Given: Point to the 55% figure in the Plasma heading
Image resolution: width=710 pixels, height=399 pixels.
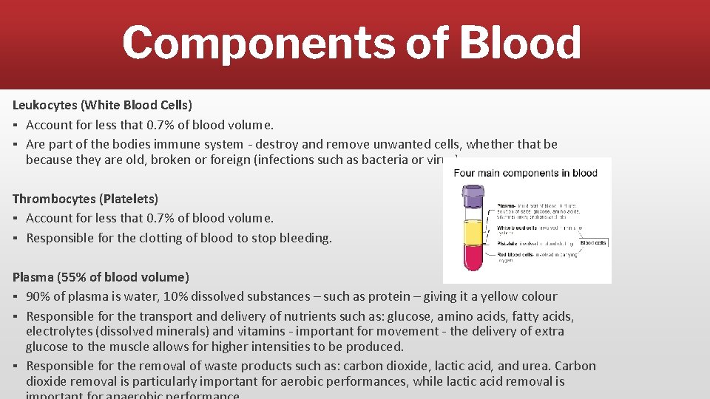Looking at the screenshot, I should tap(75, 277).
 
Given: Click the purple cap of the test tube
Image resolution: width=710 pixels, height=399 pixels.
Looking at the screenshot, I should tap(472, 195).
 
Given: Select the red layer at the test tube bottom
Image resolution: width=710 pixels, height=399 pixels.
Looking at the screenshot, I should tap(472, 258).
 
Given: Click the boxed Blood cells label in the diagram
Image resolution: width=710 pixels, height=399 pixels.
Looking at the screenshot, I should tap(593, 242).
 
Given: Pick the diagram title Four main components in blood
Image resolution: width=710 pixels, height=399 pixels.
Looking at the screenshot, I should tap(526, 174).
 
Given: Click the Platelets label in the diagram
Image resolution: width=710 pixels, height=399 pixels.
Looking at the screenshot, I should tap(507, 242).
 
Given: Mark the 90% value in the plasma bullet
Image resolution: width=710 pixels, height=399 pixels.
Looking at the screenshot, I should tap(38, 296).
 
